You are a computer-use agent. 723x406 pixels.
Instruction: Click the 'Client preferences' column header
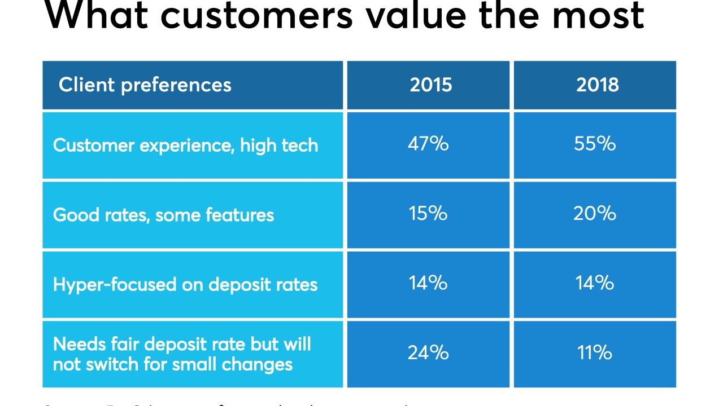click(x=145, y=85)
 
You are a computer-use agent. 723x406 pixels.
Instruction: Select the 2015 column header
click(x=430, y=85)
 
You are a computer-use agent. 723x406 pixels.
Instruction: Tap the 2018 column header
click(x=597, y=85)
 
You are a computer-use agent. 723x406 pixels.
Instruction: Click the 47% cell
click(x=428, y=144)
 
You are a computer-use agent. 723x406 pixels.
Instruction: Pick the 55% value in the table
click(x=595, y=144)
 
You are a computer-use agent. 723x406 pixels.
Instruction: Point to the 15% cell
click(x=428, y=214)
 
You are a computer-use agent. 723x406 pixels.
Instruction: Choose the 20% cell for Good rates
click(x=595, y=214)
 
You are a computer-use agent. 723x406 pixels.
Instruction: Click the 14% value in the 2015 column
click(x=428, y=283)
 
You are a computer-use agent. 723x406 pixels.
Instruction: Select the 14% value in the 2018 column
click(x=595, y=283)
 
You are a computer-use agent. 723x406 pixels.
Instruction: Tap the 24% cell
click(x=428, y=353)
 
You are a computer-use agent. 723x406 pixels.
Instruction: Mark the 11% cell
click(x=595, y=353)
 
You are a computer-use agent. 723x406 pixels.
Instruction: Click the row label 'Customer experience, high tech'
click(x=185, y=145)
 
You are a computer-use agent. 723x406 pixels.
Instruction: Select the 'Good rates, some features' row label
click(x=163, y=215)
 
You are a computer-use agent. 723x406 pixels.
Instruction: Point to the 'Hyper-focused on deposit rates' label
click(x=185, y=284)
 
